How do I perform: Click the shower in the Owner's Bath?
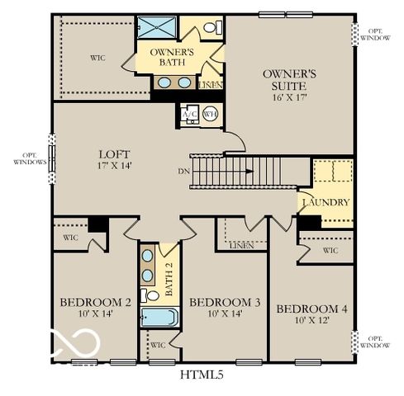pyautogui.click(x=153, y=27)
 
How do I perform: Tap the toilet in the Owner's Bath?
pyautogui.click(x=210, y=27)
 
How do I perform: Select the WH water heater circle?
pyautogui.click(x=210, y=115)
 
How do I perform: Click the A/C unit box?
pyautogui.click(x=188, y=115)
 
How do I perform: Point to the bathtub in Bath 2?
pyautogui.click(x=159, y=318)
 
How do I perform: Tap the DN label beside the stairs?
pyautogui.click(x=182, y=172)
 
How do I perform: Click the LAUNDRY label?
pyautogui.click(x=326, y=202)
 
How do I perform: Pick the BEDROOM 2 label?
pyautogui.click(x=95, y=302)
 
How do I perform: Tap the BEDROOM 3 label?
pyautogui.click(x=225, y=303)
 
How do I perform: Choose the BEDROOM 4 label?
pyautogui.click(x=312, y=309)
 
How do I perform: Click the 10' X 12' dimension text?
pyautogui.click(x=312, y=320)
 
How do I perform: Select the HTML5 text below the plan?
pyautogui.click(x=202, y=375)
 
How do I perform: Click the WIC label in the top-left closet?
pyautogui.click(x=98, y=58)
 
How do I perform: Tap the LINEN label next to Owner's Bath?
pyautogui.click(x=211, y=85)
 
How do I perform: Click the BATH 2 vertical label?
pyautogui.click(x=169, y=280)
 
